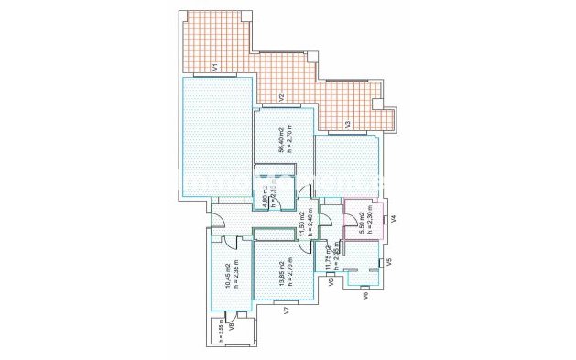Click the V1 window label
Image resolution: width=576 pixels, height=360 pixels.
click(x=213, y=67)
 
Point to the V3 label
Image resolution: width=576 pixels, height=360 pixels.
click(x=347, y=123)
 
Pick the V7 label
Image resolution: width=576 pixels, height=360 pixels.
click(x=287, y=311)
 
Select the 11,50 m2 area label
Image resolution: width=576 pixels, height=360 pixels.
click(x=301, y=223)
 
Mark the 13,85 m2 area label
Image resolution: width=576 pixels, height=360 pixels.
click(x=280, y=274)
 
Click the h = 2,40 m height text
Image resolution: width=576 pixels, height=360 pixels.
click(x=310, y=223)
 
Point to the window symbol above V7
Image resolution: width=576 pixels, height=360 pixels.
click(x=287, y=300)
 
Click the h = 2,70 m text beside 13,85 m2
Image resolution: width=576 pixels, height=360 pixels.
click(x=289, y=274)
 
